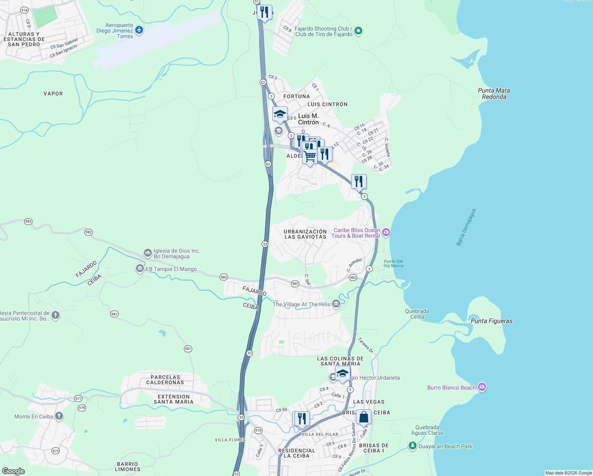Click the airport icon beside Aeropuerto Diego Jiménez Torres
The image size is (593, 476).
coord(139,30)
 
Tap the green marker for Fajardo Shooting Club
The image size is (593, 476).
coord(358,31)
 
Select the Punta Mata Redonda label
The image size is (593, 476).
coord(494,94)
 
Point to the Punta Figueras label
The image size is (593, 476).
coord(492,321)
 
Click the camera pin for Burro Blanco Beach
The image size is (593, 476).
coord(482,387)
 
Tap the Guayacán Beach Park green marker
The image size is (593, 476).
coord(413,446)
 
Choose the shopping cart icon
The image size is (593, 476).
coord(310,156)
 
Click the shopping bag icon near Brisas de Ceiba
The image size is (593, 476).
coord(363,417)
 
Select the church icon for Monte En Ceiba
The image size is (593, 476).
coord(59,416)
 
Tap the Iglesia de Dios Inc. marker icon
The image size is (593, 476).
coord(148,253)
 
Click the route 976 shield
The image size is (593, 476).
coord(25,10)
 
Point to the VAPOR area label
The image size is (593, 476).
coord(53,94)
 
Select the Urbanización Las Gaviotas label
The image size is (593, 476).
coord(305,234)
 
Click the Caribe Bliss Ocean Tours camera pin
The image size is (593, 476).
coord(386,232)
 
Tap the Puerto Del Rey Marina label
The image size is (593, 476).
coord(393,263)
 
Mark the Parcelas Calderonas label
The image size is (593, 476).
coord(165,380)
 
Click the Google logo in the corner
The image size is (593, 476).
coord(13,471)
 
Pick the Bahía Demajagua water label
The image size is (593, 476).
coord(466,227)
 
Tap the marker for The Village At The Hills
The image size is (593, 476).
coord(336,304)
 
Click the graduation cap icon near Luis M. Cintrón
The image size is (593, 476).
coord(280,114)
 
